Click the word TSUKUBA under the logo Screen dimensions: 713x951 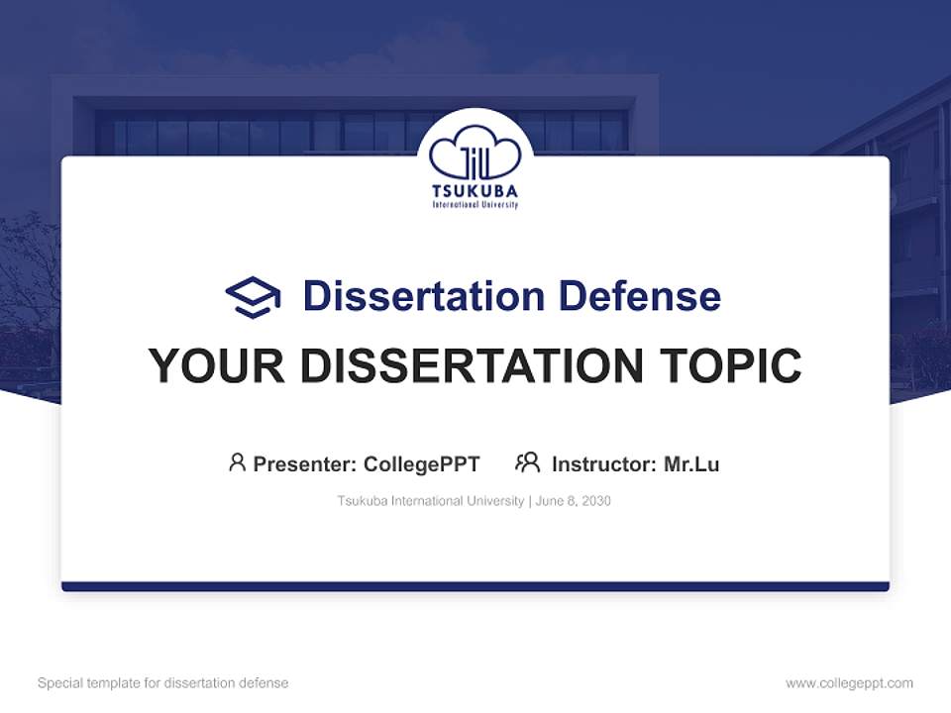(x=475, y=191)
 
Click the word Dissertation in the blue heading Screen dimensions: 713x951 (x=423, y=296)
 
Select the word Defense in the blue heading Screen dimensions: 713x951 (x=639, y=296)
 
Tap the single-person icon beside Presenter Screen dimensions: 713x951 (x=237, y=462)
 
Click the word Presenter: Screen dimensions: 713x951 (x=304, y=463)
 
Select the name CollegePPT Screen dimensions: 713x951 (x=421, y=463)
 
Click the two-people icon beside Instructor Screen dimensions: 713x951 (x=527, y=462)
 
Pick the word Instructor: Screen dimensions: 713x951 (x=603, y=463)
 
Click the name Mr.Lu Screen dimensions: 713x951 (x=691, y=463)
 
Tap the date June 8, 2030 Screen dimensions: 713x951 (x=574, y=501)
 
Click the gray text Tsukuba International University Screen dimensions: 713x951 (x=430, y=501)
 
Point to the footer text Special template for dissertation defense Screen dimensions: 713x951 (x=162, y=683)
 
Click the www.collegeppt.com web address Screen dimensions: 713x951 (x=849, y=683)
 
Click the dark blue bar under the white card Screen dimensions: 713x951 (x=475, y=586)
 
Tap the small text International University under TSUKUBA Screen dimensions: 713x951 (x=475, y=205)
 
